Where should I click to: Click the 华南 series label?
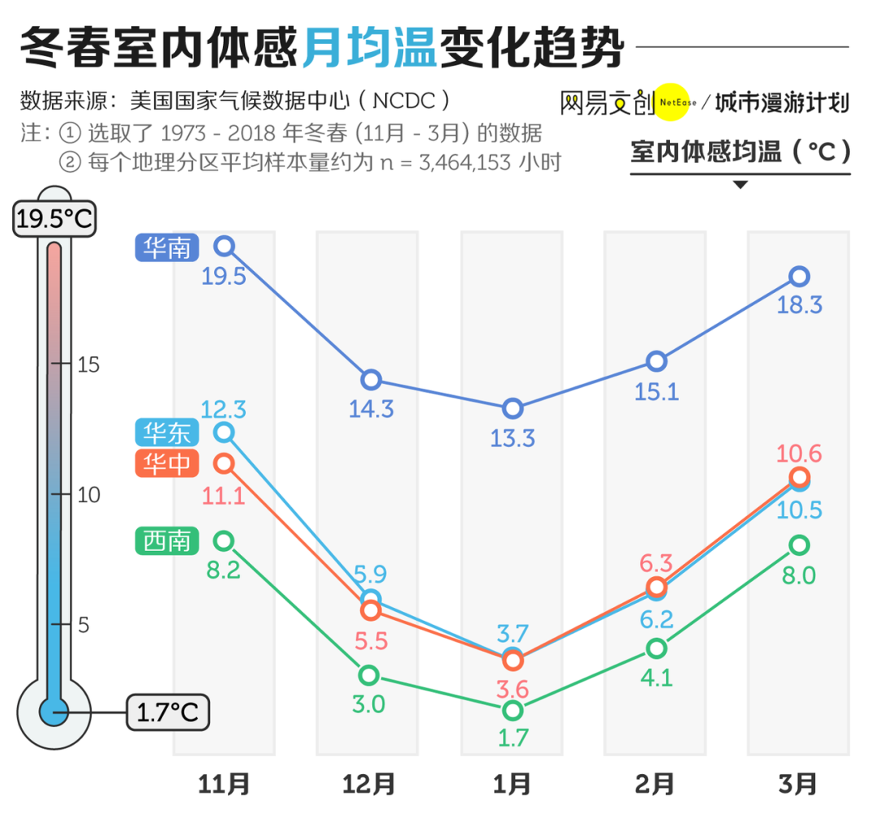pyautogui.click(x=167, y=247)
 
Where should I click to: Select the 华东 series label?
pyautogui.click(x=167, y=433)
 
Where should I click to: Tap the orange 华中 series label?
pyautogui.click(x=167, y=463)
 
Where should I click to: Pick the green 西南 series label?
pyautogui.click(x=167, y=541)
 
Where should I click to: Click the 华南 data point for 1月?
pyautogui.click(x=513, y=408)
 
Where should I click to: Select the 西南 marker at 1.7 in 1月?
pyautogui.click(x=513, y=710)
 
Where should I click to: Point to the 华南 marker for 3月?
pyautogui.click(x=799, y=277)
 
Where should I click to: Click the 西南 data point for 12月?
pyautogui.click(x=369, y=675)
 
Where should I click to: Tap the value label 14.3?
pyautogui.click(x=371, y=408)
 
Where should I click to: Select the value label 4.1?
pyautogui.click(x=655, y=677)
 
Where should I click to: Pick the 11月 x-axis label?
pyautogui.click(x=225, y=784)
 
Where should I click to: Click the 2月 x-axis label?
pyautogui.click(x=655, y=784)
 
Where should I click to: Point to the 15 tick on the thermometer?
pyautogui.click(x=87, y=365)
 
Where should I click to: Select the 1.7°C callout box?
pyautogui.click(x=168, y=712)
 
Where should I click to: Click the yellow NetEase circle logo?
pyautogui.click(x=672, y=102)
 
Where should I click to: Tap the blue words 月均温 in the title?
pyautogui.click(x=370, y=48)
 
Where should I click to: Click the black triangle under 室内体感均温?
pyautogui.click(x=740, y=184)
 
